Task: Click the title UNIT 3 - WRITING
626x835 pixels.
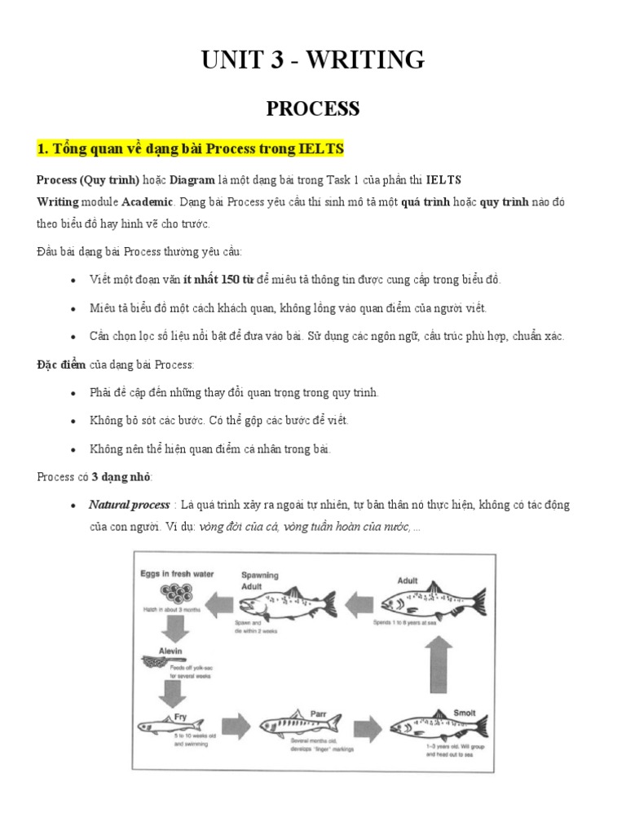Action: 313,60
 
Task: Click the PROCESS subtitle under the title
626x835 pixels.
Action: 313,108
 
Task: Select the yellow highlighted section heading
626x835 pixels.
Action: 190,149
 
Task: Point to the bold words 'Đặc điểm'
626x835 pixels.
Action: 61,364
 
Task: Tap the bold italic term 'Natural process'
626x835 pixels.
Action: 130,505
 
